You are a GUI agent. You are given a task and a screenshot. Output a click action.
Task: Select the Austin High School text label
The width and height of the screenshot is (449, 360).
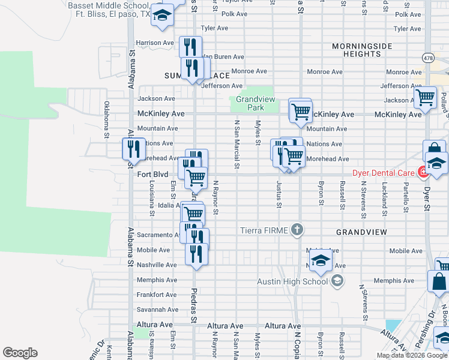pyautogui.click(x=293, y=281)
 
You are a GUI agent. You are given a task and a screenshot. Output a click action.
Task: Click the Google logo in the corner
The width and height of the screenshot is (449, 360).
pyautogui.click(x=20, y=353)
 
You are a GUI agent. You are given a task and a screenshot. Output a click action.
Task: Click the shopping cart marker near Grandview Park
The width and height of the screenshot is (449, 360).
pyautogui.click(x=300, y=110)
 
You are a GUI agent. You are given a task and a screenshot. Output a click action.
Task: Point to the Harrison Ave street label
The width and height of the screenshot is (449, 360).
pyautogui.click(x=155, y=43)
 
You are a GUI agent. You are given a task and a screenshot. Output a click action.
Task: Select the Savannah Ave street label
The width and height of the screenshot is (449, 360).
pyautogui.click(x=157, y=310)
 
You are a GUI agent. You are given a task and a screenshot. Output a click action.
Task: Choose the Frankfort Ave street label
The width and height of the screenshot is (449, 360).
pyautogui.click(x=157, y=295)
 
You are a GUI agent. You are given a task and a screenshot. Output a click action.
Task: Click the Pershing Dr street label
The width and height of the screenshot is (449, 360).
pyautogui.click(x=415, y=339)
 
